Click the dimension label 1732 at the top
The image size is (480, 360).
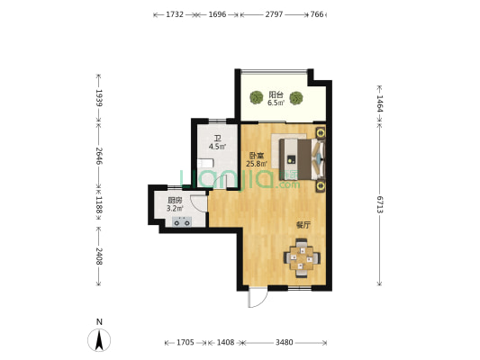point(175,14)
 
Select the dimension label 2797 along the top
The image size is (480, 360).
point(274,14)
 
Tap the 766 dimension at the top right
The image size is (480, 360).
point(317,14)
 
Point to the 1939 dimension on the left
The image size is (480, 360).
point(98,98)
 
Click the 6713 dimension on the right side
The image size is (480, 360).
point(380,204)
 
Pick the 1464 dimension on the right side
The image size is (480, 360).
point(380,103)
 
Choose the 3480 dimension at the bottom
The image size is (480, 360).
point(285,343)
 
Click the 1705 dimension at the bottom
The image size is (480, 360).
point(186,343)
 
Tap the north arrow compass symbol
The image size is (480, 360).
point(99,340)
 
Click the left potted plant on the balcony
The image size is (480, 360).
point(257,97)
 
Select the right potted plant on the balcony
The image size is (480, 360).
point(296,98)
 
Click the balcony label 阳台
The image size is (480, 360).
point(276,94)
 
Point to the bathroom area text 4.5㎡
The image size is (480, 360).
point(217,147)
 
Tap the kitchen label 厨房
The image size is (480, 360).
point(175,201)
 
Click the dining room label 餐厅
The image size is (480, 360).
point(303,225)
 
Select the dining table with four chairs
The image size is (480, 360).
point(302,258)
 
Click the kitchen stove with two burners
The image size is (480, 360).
point(182,221)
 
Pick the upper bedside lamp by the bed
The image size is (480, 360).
point(321,133)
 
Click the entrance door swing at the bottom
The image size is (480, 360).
point(258,297)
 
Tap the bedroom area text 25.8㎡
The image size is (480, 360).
point(257,164)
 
